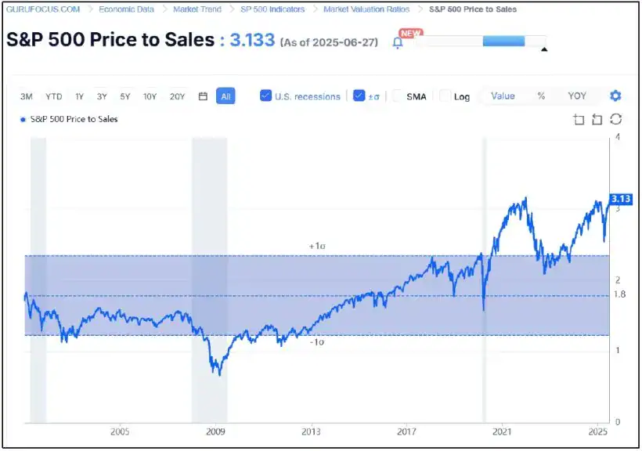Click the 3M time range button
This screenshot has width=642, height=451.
click(27, 96)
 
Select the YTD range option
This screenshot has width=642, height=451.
click(54, 96)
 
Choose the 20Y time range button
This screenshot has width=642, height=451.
click(178, 96)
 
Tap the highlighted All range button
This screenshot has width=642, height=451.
click(225, 96)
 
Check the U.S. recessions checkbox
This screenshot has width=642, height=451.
click(266, 96)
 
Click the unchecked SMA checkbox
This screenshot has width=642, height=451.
click(397, 96)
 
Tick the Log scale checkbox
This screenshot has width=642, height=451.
click(445, 96)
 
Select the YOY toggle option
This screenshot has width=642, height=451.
click(577, 96)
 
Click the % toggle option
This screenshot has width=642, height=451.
click(541, 96)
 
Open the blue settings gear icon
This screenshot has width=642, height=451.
click(615, 96)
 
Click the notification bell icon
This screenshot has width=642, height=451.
click(398, 43)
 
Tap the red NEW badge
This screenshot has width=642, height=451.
click(410, 33)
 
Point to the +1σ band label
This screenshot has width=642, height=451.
click(317, 246)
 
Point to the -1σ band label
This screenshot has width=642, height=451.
click(316, 343)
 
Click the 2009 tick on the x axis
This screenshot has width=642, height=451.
click(215, 431)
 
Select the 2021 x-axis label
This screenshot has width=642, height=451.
click(502, 431)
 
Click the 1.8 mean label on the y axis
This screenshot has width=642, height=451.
click(620, 295)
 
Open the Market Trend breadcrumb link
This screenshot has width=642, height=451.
click(197, 9)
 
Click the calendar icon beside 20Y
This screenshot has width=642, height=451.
click(203, 96)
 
